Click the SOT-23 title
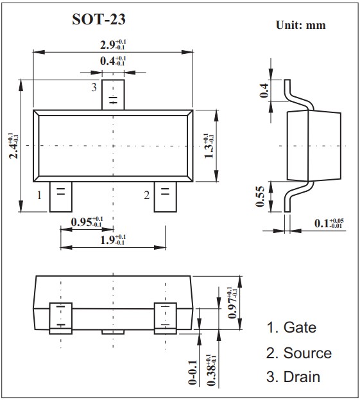(x=99, y=19)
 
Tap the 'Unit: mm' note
(x=300, y=25)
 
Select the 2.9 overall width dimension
(x=113, y=45)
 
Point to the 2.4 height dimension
(x=13, y=146)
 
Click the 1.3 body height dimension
(x=209, y=146)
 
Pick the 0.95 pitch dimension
(x=87, y=222)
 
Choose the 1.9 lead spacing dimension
(x=113, y=239)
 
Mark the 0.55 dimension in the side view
(x=260, y=196)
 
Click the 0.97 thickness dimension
(x=232, y=302)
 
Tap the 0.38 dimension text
(x=212, y=370)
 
